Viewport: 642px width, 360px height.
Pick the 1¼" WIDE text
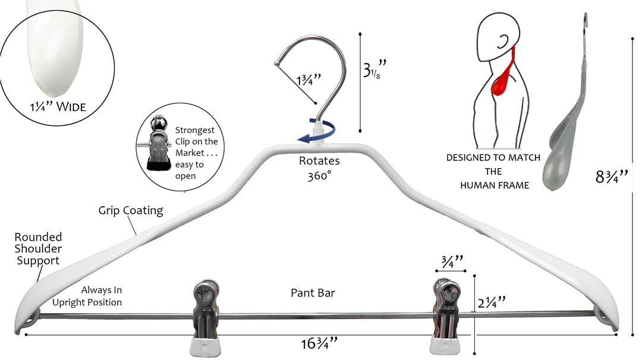(x=58, y=107)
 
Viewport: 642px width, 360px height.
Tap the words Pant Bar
(x=313, y=292)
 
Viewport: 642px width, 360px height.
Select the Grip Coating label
(x=131, y=210)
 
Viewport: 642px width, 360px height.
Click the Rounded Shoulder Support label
(x=39, y=248)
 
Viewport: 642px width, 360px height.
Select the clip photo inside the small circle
(x=156, y=146)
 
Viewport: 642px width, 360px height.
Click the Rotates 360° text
(x=320, y=168)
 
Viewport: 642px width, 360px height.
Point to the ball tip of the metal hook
(x=276, y=63)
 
